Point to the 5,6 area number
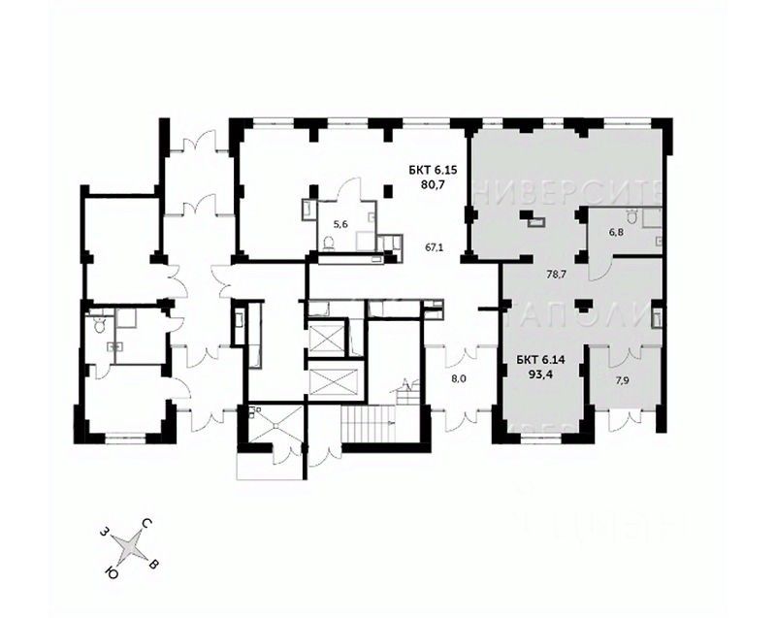click(x=339, y=225)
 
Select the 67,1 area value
click(x=434, y=247)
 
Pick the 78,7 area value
click(x=556, y=275)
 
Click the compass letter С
click(x=145, y=524)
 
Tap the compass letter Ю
click(x=113, y=573)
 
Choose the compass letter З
click(x=103, y=532)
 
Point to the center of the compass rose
click(x=130, y=550)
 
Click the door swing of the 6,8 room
click(x=602, y=262)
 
